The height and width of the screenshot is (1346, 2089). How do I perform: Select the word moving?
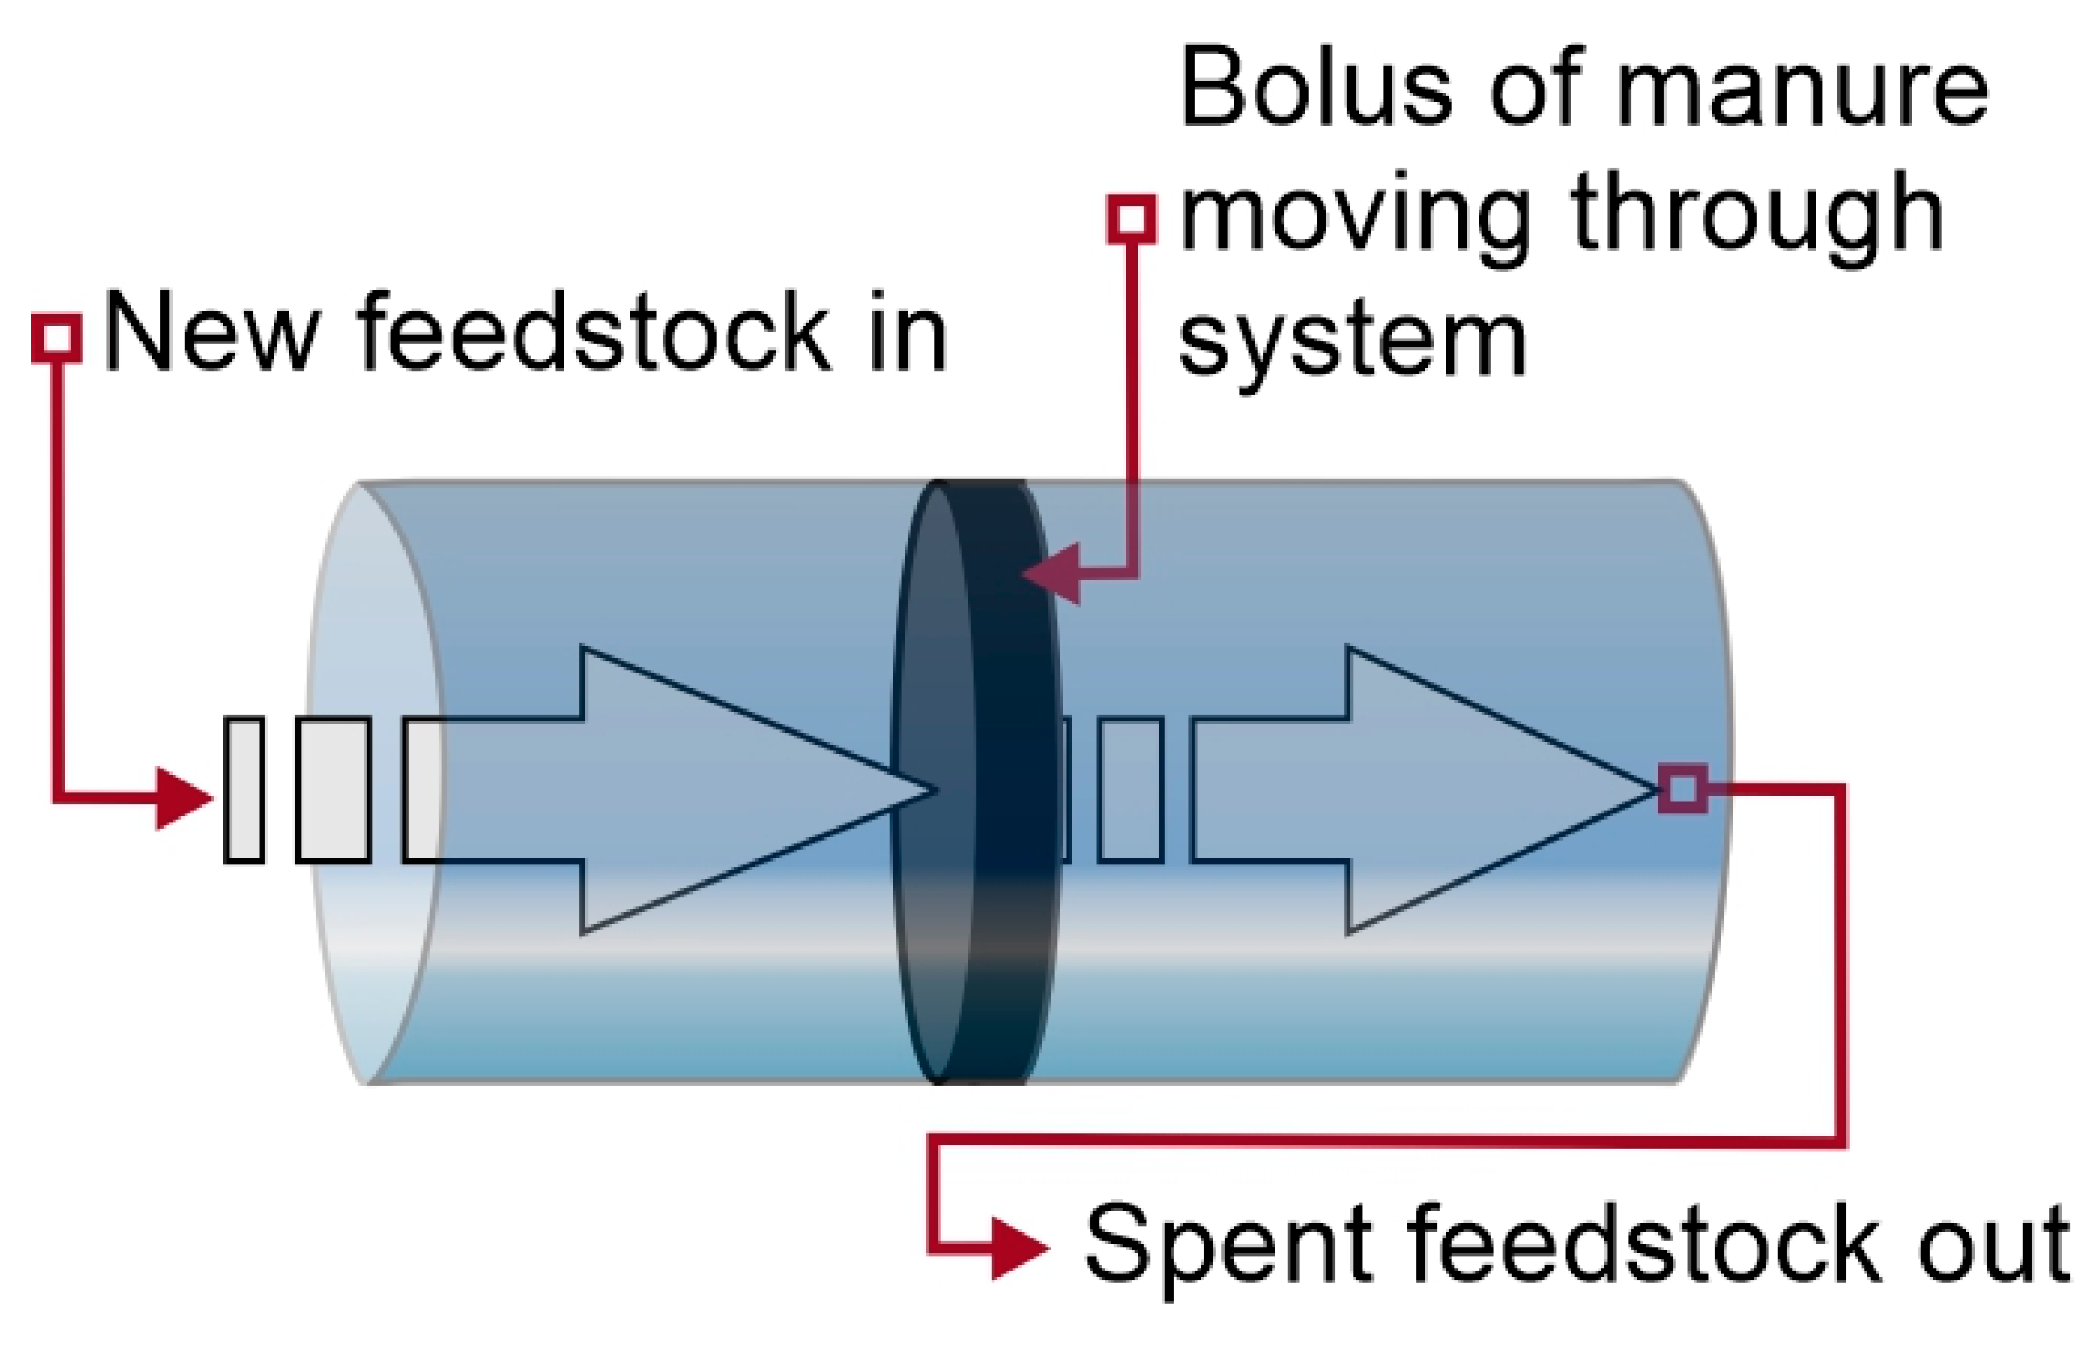coord(1355,218)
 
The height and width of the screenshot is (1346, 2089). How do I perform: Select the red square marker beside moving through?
coord(1132,218)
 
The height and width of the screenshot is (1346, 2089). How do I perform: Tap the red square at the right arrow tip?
coord(1683,788)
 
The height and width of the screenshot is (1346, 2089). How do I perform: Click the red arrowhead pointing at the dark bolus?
coord(1053,574)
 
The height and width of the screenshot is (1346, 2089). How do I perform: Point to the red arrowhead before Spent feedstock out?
coord(1018,1248)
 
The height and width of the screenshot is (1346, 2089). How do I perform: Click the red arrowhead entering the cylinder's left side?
coord(184,797)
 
